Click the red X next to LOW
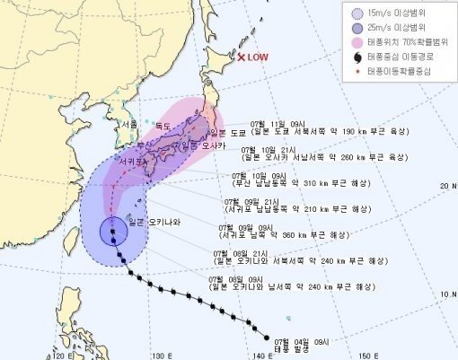pos(242,58)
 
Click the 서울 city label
pos(128,124)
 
